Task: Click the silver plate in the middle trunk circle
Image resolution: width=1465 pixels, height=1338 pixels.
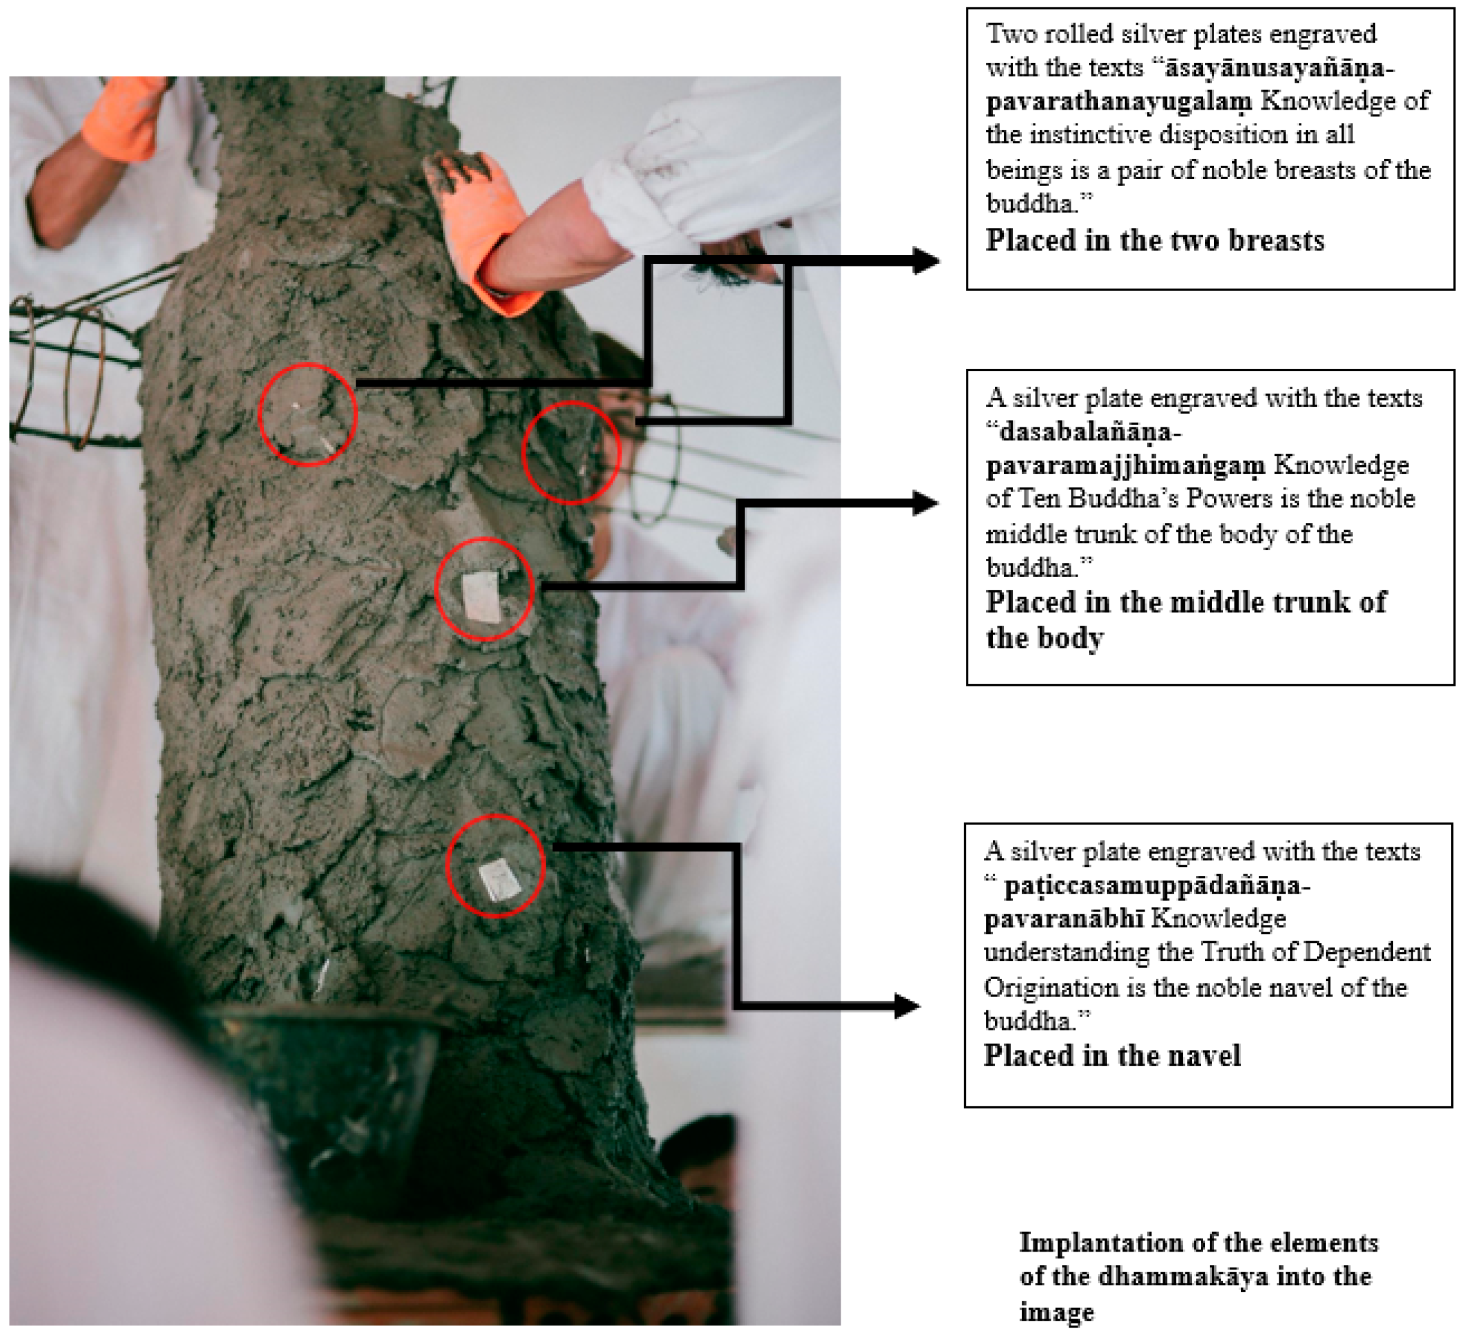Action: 481,597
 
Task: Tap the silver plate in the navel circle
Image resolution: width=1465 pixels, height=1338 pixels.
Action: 499,879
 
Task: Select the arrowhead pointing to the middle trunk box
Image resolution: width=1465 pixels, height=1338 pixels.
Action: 926,503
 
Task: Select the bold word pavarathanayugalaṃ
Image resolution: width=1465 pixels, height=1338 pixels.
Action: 1119,102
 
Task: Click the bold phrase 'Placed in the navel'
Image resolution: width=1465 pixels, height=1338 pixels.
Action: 1112,1055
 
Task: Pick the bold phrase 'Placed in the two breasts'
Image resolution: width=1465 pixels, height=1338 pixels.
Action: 1154,240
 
